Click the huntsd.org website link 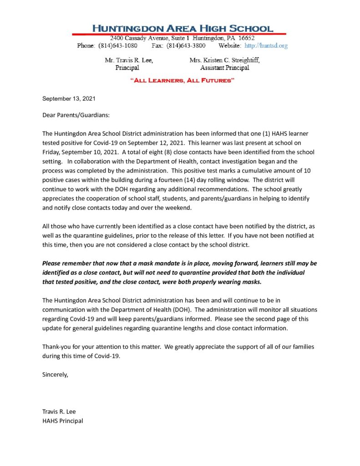click(266, 46)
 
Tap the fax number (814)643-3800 click(186, 46)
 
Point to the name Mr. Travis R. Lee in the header click(129, 60)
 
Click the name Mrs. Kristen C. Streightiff click(225, 60)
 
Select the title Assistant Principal click(225, 68)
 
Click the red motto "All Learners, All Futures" click(182, 81)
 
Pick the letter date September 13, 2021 click(69, 99)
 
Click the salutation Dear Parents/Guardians click(76, 115)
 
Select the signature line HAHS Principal click(63, 421)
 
